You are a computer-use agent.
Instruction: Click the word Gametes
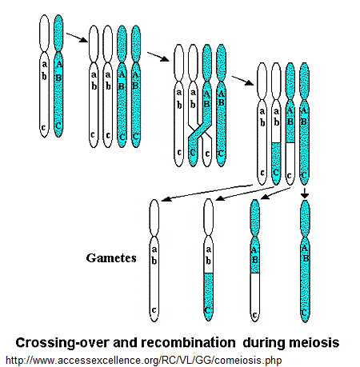click(x=111, y=258)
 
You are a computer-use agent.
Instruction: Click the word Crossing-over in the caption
click(x=62, y=342)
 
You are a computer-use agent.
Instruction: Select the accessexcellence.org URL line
click(x=144, y=361)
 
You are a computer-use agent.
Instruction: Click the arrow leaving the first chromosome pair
click(x=77, y=38)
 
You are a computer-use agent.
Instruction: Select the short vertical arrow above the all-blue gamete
click(x=305, y=193)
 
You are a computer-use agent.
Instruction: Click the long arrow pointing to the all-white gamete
click(x=206, y=193)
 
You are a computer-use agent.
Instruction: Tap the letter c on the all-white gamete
click(x=154, y=310)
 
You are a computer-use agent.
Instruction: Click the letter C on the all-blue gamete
click(x=305, y=312)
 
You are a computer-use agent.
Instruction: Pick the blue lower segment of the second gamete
click(x=208, y=297)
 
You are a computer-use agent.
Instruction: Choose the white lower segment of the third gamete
click(x=255, y=297)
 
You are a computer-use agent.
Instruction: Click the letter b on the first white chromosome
click(x=44, y=76)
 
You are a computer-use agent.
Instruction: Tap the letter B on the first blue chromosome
click(x=58, y=78)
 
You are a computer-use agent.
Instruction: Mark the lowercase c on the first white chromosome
click(x=44, y=127)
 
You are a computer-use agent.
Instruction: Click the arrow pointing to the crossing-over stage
click(x=158, y=57)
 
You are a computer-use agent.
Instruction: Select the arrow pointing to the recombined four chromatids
click(x=242, y=81)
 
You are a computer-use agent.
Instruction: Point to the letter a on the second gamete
click(x=208, y=249)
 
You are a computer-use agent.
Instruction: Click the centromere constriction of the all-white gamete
click(x=154, y=236)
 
